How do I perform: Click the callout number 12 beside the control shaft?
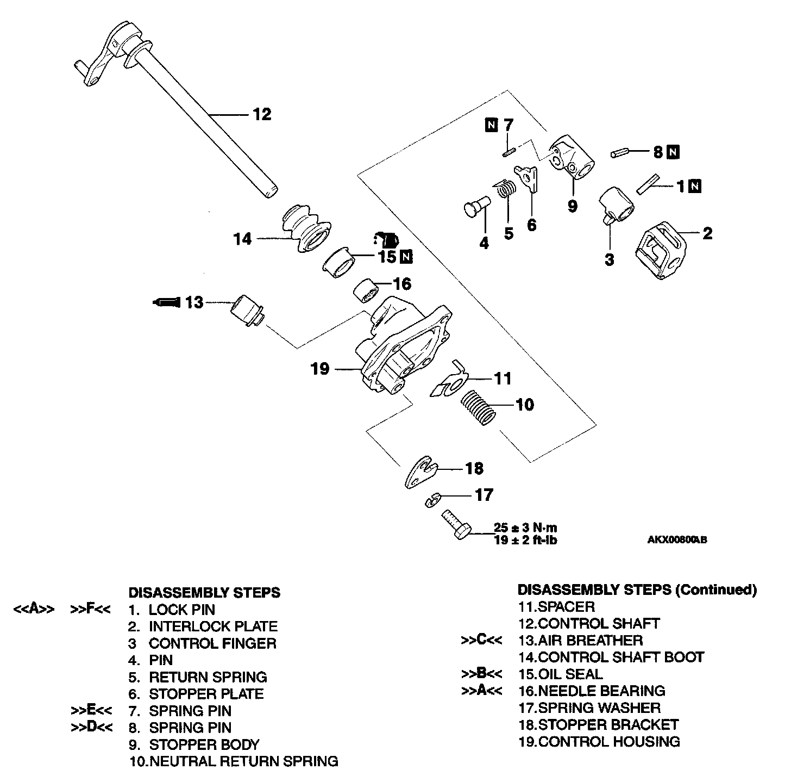[261, 115]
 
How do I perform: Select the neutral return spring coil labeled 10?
[479, 408]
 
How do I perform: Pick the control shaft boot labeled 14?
[305, 229]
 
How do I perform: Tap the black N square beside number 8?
[674, 152]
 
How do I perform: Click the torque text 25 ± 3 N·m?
[525, 527]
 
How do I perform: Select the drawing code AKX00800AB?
[676, 540]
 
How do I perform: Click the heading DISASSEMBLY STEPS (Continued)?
[637, 589]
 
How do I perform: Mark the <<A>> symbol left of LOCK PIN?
[34, 610]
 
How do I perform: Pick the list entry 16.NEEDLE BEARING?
[592, 691]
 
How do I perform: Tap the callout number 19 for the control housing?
[320, 369]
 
